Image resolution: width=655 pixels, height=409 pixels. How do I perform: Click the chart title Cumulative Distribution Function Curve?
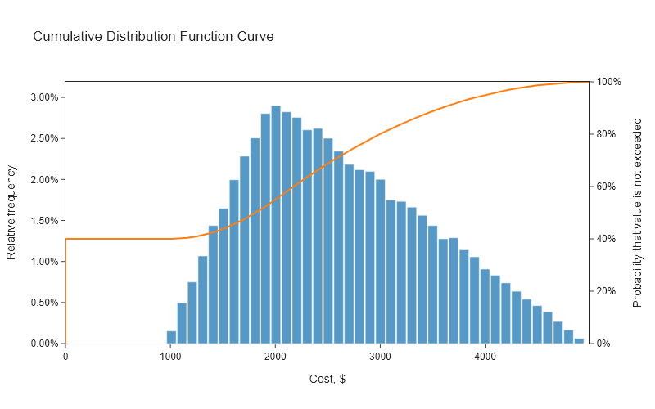coord(153,37)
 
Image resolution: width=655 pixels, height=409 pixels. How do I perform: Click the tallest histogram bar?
coord(276,225)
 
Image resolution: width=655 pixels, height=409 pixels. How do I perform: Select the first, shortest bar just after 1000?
coord(171,337)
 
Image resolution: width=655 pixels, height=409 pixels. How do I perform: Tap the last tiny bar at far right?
coord(579,340)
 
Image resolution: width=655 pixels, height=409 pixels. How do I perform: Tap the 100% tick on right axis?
coord(610,82)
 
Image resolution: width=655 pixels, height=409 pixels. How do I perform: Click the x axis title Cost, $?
coord(327,380)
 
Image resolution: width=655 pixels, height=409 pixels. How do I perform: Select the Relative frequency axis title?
coord(11,213)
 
